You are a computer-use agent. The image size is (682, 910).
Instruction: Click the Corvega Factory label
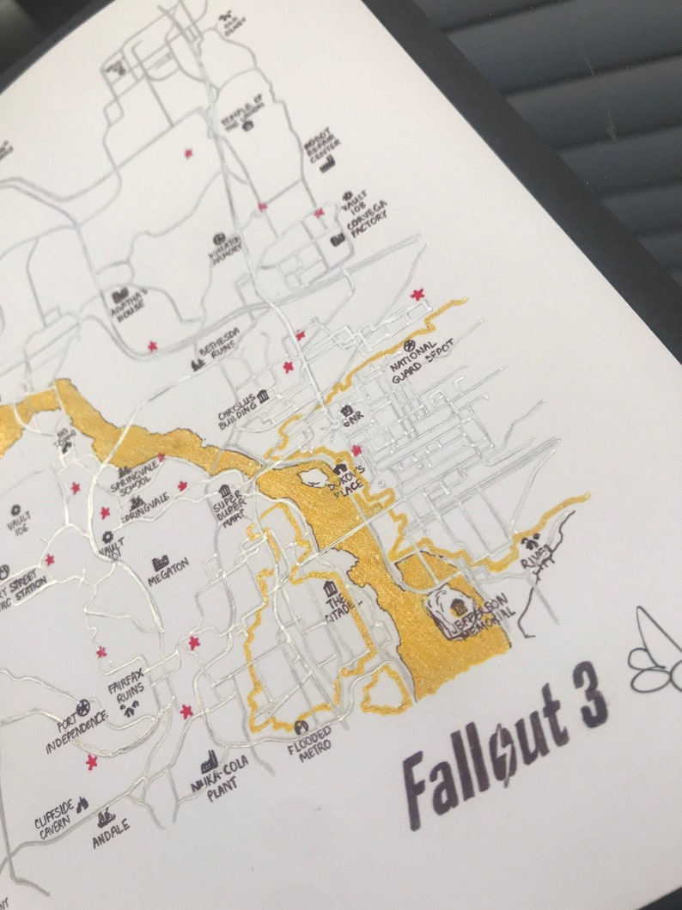(x=367, y=223)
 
